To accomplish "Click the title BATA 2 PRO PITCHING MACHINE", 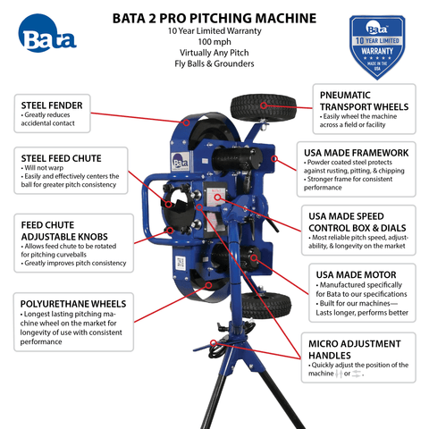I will (x=214, y=17).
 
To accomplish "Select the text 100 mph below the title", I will (x=214, y=42).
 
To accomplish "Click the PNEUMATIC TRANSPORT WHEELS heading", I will (x=362, y=99).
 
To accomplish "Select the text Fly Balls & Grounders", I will (x=214, y=67).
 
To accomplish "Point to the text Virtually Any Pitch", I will (x=214, y=55).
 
